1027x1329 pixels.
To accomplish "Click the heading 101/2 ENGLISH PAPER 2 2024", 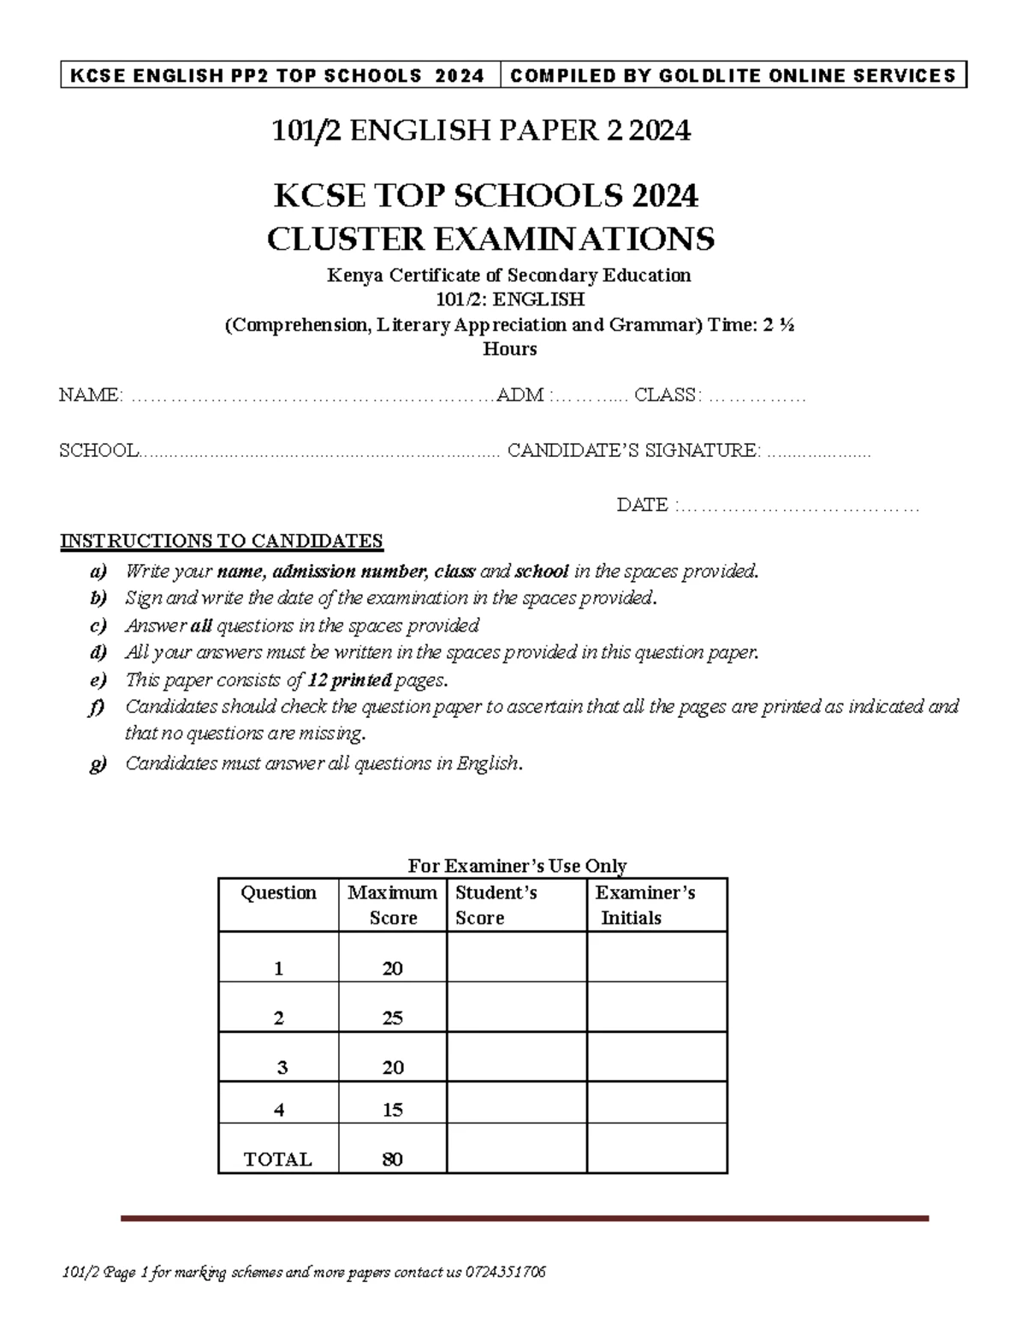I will point(480,131).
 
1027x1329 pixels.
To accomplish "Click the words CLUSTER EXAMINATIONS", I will point(490,239).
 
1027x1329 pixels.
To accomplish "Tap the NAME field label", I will point(90,395).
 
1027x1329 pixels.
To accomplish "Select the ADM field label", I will point(520,395).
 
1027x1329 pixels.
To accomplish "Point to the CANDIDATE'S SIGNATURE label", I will point(632,451).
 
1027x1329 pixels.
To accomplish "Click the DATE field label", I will point(642,506).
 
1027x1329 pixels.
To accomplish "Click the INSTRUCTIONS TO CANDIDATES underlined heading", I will point(221,542).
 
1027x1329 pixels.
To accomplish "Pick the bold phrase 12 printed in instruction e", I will point(349,680).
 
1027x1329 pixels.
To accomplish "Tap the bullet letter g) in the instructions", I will point(98,763).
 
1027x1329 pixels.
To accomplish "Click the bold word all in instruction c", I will point(200,626).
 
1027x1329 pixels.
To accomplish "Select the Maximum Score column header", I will point(393,905).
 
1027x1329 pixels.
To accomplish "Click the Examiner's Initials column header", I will point(644,905).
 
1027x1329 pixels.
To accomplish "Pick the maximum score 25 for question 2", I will point(393,1018).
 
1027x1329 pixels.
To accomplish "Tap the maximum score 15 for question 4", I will point(393,1110).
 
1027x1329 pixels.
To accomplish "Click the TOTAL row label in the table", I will point(278,1160).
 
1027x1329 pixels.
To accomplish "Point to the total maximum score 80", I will point(393,1160).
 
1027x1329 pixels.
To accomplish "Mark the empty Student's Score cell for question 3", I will point(516,1057).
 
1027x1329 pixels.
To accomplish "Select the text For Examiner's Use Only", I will point(517,866).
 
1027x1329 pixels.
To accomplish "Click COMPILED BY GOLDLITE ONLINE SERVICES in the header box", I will point(733,76).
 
